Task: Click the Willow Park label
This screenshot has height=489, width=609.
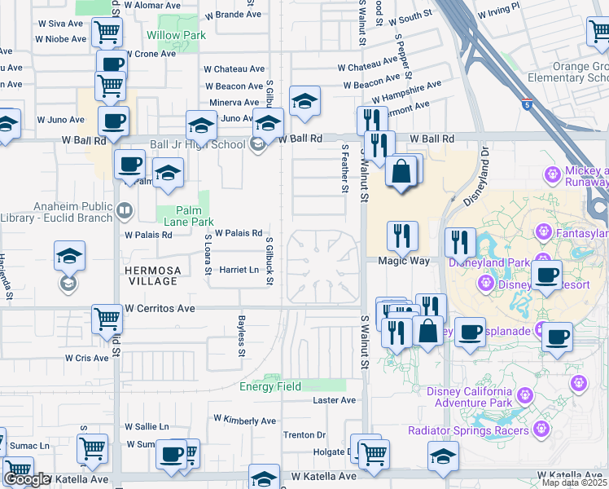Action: (x=176, y=35)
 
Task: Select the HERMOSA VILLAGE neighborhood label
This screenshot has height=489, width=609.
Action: (x=151, y=275)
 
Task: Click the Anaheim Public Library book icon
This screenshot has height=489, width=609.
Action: (x=124, y=212)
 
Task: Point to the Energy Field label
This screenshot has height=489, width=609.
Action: (x=269, y=386)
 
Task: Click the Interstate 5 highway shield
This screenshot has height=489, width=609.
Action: (x=530, y=104)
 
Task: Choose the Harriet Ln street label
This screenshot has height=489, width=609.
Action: (x=239, y=270)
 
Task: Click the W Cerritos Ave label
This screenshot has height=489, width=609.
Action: (x=160, y=309)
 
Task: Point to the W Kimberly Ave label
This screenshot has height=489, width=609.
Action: (x=244, y=420)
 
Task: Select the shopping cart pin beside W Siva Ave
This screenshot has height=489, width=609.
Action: (x=107, y=33)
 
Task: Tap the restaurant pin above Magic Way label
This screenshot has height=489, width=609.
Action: (x=401, y=236)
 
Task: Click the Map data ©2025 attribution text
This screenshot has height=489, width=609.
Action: (x=574, y=482)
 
